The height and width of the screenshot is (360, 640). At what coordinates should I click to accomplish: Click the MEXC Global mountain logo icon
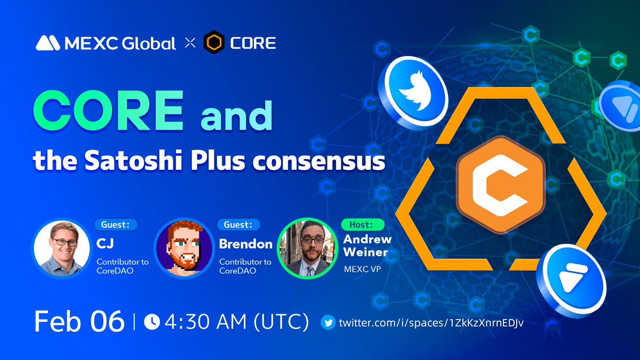[48, 43]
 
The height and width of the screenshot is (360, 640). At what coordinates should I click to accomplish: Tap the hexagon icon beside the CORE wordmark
[213, 43]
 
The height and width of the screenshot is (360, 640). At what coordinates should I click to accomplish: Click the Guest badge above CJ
[116, 225]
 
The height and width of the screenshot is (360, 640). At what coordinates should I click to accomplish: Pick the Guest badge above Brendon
[238, 225]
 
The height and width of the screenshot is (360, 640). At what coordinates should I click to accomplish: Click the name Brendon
[246, 244]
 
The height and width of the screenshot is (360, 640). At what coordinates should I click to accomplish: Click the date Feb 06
[79, 322]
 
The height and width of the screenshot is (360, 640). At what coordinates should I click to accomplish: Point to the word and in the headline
[236, 118]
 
